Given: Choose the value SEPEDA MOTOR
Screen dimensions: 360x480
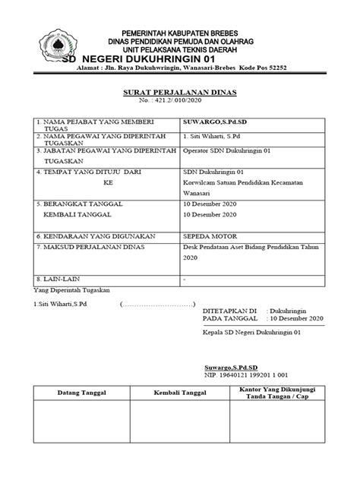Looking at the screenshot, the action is (208, 235).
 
